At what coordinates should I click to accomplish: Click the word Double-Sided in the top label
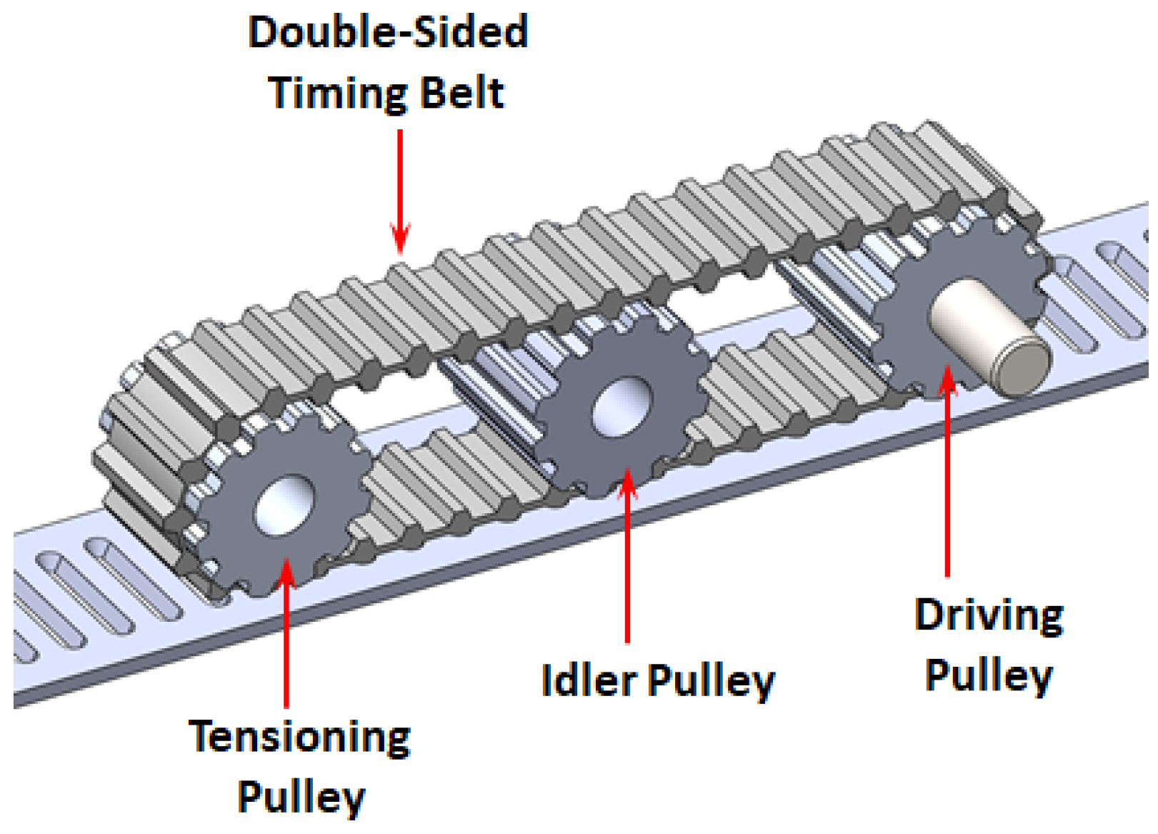388,33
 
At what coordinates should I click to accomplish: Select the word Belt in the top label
462,94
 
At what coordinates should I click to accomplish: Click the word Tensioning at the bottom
299,737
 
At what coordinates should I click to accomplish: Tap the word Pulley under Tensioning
301,796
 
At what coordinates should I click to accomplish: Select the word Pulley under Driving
989,675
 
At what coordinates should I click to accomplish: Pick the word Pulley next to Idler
711,680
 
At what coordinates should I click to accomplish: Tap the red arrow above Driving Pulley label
947,472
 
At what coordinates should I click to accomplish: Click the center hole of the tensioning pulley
284,505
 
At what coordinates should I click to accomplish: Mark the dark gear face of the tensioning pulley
236,543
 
